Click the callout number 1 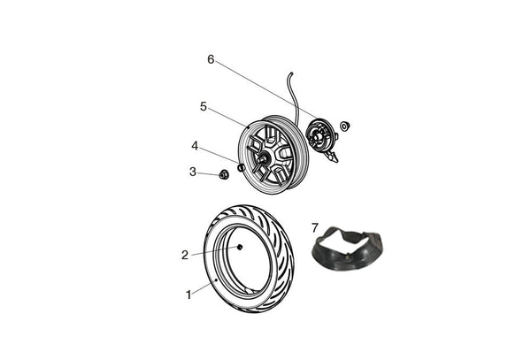coord(189,295)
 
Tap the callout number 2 coord(185,255)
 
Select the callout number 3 coord(193,172)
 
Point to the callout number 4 coord(195,146)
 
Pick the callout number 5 coord(204,106)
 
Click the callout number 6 coord(211,59)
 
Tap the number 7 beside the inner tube coord(315,228)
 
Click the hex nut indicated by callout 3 coord(223,174)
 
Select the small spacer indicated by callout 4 coord(241,167)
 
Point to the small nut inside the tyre coord(240,248)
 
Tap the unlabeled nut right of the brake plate coord(345,126)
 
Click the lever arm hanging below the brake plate coord(332,157)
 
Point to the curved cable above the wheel coord(295,98)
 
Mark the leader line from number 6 coord(266,89)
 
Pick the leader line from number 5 coord(228,118)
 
